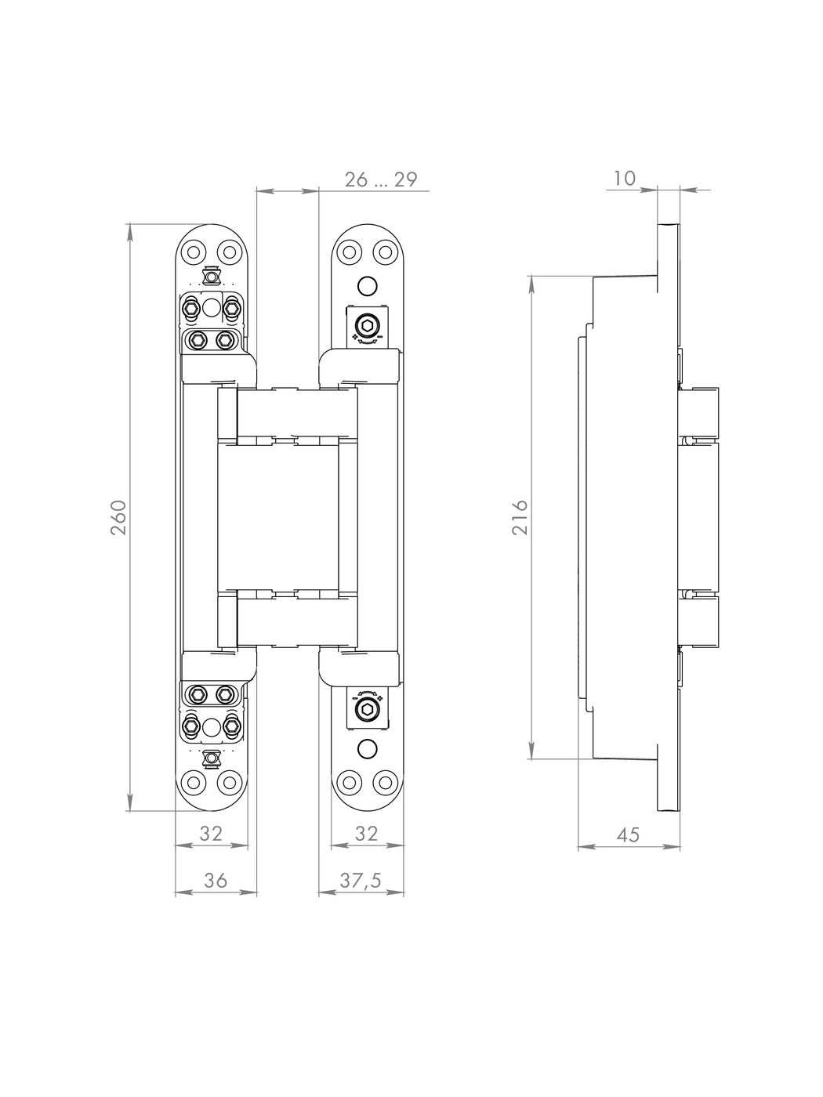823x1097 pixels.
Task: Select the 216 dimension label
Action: pos(520,517)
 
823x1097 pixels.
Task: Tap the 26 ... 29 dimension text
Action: pos(381,179)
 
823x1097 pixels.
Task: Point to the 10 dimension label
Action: pos(624,177)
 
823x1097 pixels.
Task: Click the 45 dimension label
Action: pos(628,835)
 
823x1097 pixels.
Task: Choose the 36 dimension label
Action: pos(216,880)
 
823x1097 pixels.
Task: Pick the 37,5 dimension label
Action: pos(361,880)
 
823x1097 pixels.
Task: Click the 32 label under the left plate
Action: pos(211,833)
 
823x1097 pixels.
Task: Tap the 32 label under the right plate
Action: pos(366,833)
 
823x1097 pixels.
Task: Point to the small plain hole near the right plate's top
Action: pos(367,286)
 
